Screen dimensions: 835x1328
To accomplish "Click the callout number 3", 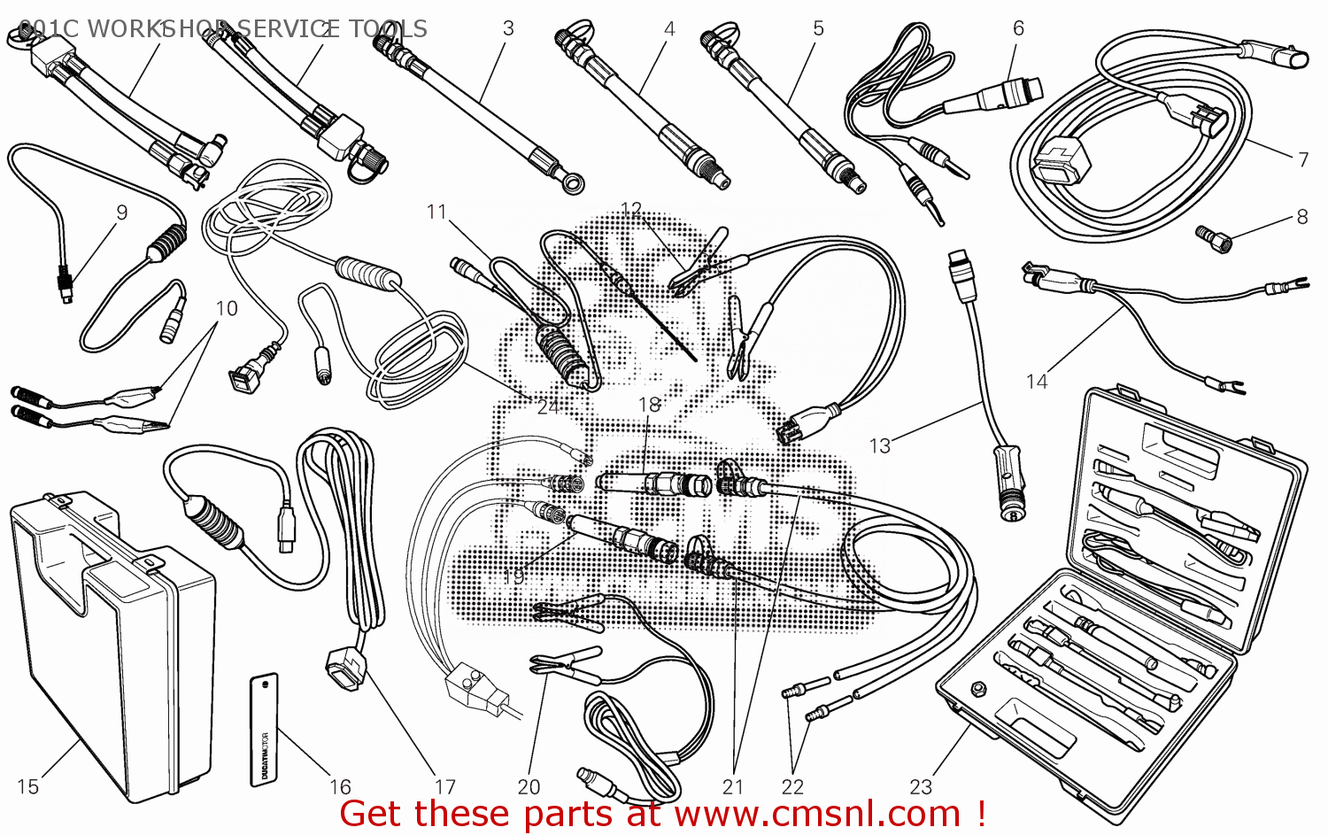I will click(x=508, y=28).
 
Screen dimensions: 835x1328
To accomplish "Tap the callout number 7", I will click(x=1303, y=159).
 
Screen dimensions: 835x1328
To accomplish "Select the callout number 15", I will click(x=27, y=786).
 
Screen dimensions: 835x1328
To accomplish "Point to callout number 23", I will click(x=921, y=786).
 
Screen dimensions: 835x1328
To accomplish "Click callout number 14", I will click(x=1037, y=382).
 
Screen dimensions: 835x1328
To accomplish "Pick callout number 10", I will click(x=227, y=308).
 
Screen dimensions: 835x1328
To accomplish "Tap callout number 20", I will click(x=529, y=786).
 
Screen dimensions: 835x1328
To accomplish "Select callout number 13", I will click(x=880, y=445).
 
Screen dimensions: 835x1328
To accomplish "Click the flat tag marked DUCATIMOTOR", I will click(x=264, y=729).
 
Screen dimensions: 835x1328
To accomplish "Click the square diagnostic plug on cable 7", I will click(x=1059, y=160).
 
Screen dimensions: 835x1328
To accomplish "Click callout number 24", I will click(x=548, y=406).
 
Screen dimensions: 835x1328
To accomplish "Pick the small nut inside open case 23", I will click(x=979, y=688).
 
